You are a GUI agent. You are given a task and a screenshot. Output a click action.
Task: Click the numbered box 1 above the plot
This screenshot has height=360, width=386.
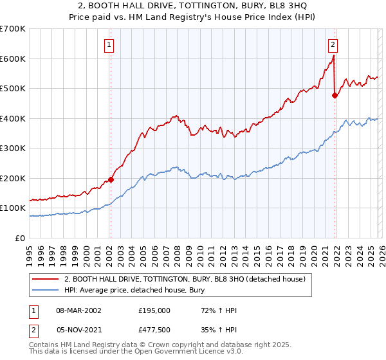[110, 45]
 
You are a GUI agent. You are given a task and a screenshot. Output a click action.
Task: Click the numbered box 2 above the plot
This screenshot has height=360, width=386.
[333, 45]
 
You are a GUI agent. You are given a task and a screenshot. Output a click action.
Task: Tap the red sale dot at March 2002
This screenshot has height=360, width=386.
[111, 180]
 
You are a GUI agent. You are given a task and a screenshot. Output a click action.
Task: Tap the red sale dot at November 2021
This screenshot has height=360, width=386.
[335, 96]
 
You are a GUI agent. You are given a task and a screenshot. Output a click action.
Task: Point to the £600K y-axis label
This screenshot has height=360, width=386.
[13, 59]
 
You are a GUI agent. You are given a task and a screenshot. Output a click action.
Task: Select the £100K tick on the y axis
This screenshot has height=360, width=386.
[13, 208]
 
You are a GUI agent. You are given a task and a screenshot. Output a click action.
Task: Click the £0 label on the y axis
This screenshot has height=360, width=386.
[19, 239]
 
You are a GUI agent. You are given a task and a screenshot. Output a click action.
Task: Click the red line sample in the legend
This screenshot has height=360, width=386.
[46, 279]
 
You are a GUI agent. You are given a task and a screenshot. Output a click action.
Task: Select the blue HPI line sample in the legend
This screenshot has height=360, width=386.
[46, 290]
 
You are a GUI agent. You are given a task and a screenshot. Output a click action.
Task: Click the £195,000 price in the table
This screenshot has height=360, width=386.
[154, 310]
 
